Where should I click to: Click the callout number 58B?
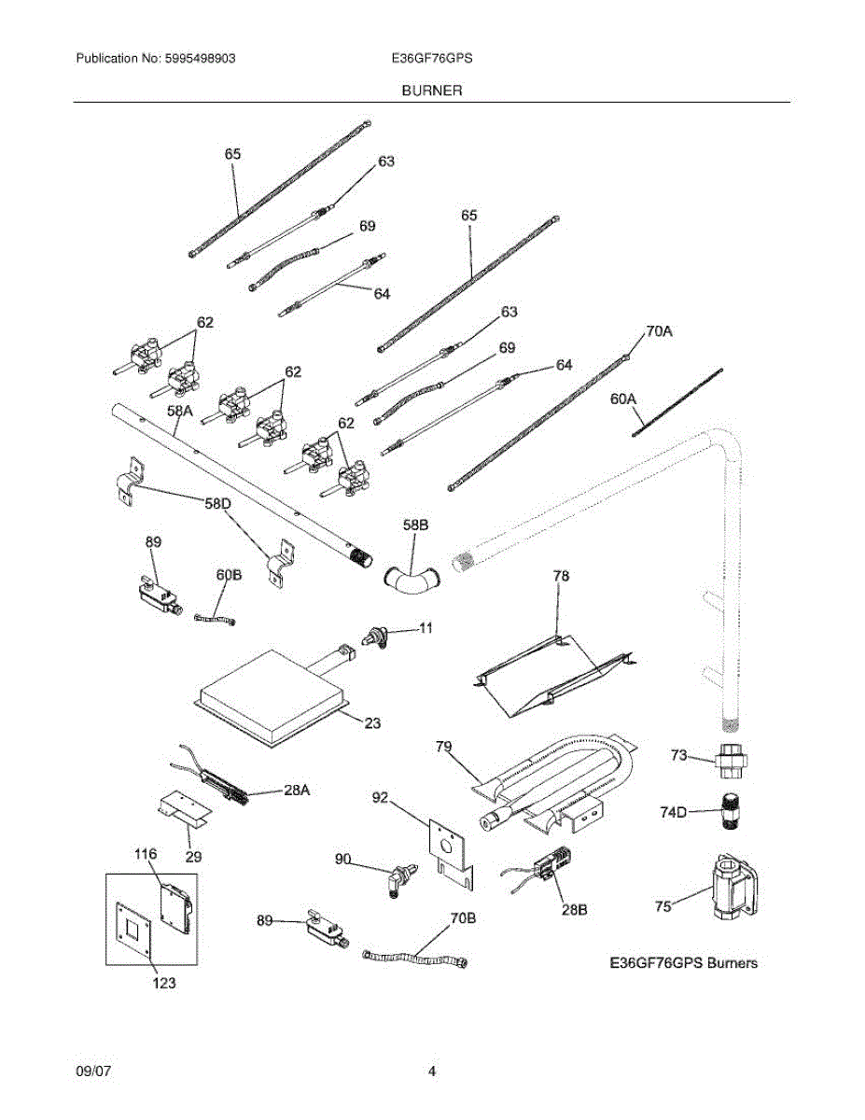pos(415,525)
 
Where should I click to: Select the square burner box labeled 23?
pos(271,685)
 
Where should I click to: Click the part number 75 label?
pos(663,905)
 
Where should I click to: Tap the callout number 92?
pos(380,798)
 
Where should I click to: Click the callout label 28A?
pos(296,790)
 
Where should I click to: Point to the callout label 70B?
pos(463,918)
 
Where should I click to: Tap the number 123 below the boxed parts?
pos(162,983)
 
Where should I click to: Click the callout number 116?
pos(146,854)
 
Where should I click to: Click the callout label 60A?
pos(622,399)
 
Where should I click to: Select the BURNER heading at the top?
pos(432,91)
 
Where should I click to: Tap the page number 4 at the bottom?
pos(432,1071)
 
